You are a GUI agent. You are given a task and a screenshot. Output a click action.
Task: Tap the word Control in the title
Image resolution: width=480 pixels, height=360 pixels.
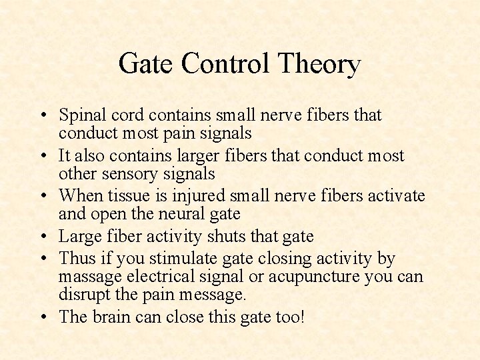223,64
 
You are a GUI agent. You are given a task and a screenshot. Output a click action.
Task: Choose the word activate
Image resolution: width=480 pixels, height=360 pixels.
393,196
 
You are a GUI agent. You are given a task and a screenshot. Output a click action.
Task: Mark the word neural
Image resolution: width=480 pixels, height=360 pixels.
185,214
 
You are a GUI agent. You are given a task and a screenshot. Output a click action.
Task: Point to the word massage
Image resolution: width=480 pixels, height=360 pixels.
89,277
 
